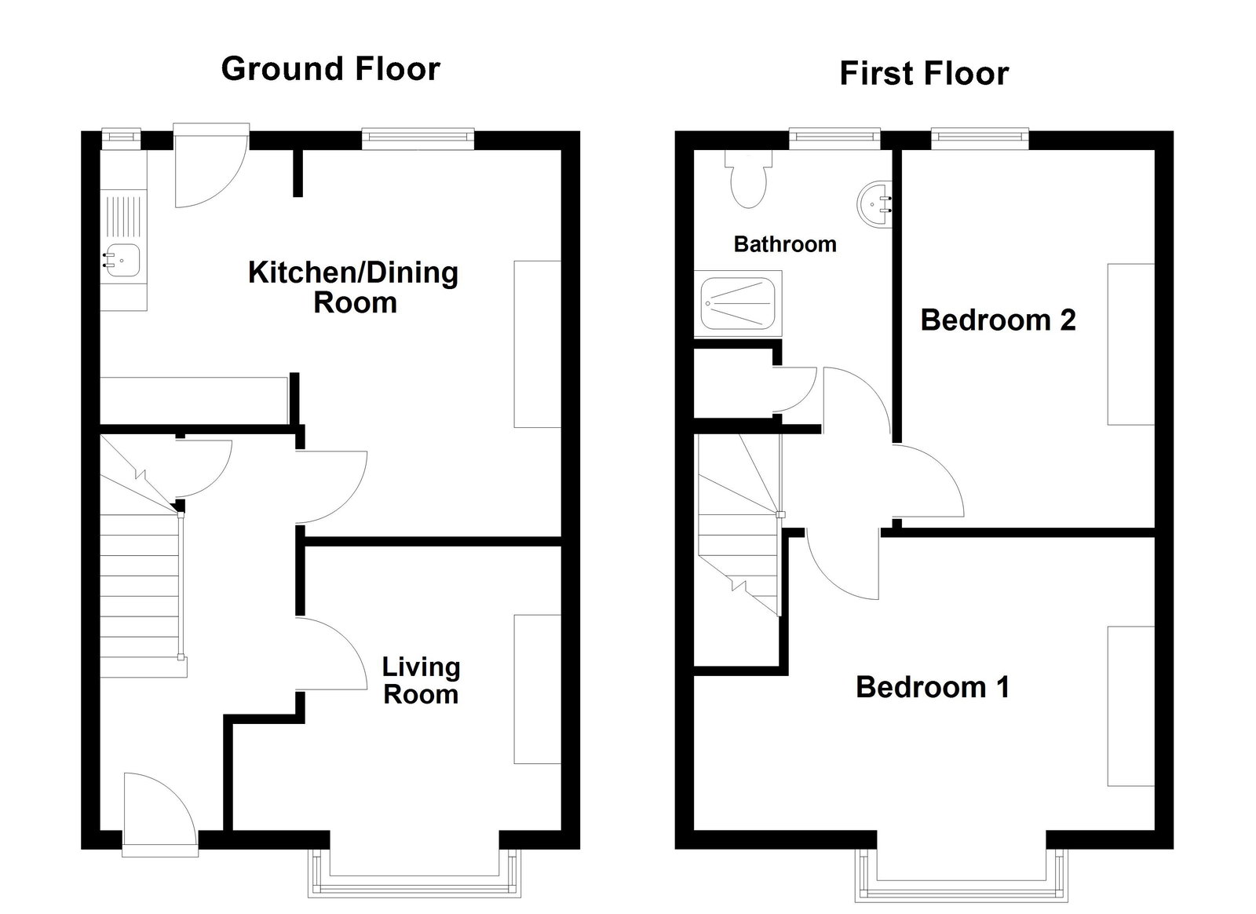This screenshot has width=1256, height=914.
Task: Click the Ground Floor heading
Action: coord(330,69)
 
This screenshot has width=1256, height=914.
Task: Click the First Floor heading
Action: coord(924,74)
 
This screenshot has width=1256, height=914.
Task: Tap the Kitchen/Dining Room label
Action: coord(353,287)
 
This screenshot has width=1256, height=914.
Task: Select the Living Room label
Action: coord(421,681)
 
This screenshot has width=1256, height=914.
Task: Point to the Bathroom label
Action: coord(784,244)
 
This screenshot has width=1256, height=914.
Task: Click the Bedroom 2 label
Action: coord(998,320)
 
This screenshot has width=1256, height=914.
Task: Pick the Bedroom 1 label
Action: coord(932,687)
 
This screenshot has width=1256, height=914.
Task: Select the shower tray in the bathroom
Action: coord(738,302)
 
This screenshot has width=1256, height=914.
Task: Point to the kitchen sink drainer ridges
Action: coord(123,217)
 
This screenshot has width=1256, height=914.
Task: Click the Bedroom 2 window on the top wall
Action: coord(980,138)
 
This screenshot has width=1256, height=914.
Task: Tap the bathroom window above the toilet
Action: coord(834,138)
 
